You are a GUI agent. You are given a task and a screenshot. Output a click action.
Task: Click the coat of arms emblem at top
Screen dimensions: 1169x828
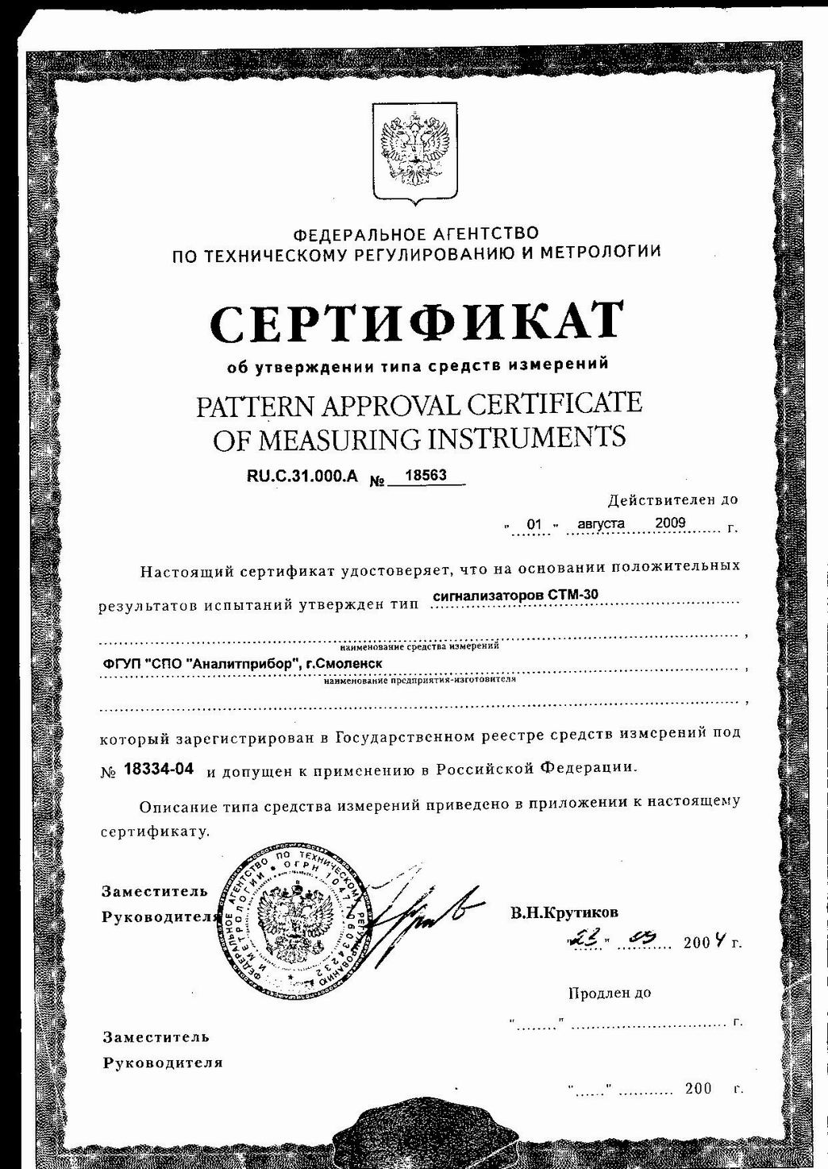(x=414, y=154)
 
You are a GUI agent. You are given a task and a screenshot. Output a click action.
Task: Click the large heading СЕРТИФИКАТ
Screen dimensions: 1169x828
(x=417, y=322)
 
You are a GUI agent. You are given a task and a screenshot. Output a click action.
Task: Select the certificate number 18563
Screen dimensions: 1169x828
(x=426, y=476)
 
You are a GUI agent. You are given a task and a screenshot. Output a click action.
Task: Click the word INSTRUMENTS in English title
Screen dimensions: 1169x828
(x=526, y=438)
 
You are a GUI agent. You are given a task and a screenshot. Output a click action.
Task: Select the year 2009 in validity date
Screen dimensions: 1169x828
(x=670, y=523)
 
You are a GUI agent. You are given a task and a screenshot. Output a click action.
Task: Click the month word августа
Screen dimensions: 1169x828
(x=601, y=524)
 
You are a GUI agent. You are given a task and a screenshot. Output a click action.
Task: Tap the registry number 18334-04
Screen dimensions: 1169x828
(x=160, y=769)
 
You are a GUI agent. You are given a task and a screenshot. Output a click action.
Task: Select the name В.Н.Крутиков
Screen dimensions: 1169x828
(x=564, y=912)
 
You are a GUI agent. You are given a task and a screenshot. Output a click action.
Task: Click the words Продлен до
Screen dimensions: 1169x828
(x=610, y=993)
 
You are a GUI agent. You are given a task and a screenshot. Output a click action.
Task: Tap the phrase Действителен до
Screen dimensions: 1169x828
(x=672, y=500)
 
